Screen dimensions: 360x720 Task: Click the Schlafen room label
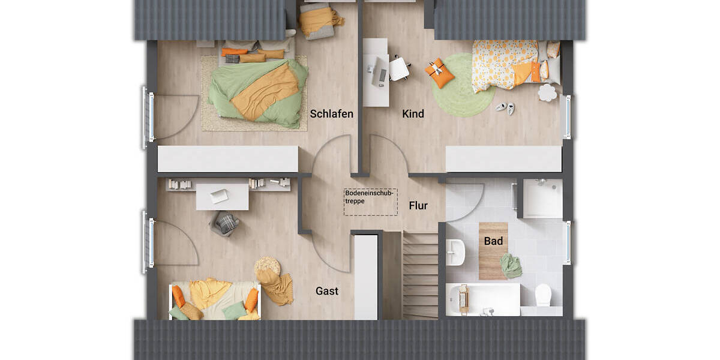pyautogui.click(x=331, y=113)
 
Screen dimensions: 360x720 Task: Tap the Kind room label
pyautogui.click(x=413, y=113)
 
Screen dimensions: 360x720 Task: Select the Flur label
pyautogui.click(x=418, y=206)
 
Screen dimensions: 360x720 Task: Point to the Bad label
pyautogui.click(x=494, y=241)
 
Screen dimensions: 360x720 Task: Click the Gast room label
pyautogui.click(x=327, y=291)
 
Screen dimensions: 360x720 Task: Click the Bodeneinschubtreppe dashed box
pyautogui.click(x=370, y=202)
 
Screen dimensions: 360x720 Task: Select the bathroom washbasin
pyautogui.click(x=455, y=251)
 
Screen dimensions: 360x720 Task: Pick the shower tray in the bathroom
pyautogui.click(x=542, y=198)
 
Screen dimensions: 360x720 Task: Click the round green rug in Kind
pyautogui.click(x=461, y=85)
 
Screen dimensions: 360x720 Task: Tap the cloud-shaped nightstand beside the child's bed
pyautogui.click(x=547, y=92)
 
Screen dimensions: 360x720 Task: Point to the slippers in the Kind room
pyautogui.click(x=505, y=108)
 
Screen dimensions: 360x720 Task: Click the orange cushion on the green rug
pyautogui.click(x=440, y=72)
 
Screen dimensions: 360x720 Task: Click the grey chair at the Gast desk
pyautogui.click(x=225, y=223)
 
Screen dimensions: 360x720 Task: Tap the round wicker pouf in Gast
pyautogui.click(x=266, y=266)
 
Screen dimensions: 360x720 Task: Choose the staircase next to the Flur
pyautogui.click(x=420, y=275)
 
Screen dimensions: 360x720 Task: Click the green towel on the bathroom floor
pyautogui.click(x=511, y=266)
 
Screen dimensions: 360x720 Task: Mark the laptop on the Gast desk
pyautogui.click(x=219, y=196)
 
